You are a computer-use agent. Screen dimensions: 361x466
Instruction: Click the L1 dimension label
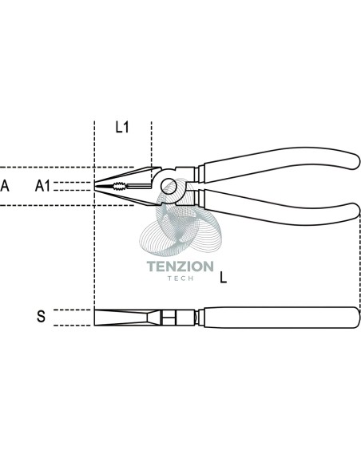(x=122, y=127)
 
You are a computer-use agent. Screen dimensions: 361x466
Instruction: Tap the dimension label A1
(x=43, y=186)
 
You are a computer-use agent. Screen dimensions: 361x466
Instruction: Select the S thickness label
(x=41, y=316)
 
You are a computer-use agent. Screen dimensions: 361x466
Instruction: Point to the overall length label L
(x=223, y=278)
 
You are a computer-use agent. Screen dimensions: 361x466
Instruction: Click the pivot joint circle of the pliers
(x=169, y=186)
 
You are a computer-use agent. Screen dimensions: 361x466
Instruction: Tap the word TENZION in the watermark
(x=180, y=267)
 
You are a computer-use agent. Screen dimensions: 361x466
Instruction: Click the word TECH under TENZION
(x=180, y=278)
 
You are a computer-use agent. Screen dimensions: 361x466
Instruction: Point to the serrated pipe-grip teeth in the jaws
(x=119, y=187)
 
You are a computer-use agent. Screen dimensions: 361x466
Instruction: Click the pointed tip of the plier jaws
(x=95, y=186)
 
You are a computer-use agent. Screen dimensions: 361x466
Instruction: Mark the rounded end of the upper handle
(x=354, y=160)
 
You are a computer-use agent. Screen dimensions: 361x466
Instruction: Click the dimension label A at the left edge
(x=5, y=186)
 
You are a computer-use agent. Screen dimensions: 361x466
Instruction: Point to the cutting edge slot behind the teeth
(x=139, y=187)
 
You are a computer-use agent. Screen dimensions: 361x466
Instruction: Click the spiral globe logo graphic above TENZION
(x=180, y=218)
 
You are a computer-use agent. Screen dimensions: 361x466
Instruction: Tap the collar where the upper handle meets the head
(x=199, y=174)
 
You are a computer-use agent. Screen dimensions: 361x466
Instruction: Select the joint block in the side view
(x=169, y=318)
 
